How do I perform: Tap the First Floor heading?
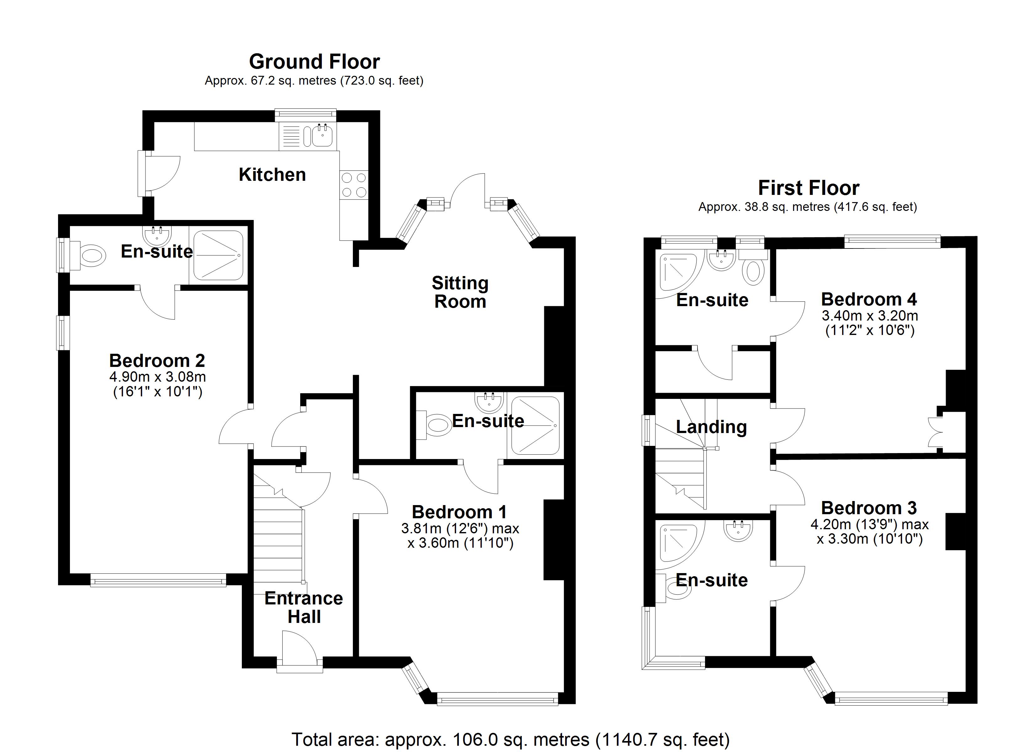point(808,188)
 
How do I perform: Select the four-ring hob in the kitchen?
point(354,185)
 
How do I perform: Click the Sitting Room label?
point(460,292)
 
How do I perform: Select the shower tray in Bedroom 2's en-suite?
point(218,255)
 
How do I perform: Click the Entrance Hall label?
point(304,608)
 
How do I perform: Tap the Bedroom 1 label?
point(459,512)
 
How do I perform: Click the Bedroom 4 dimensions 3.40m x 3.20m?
point(870,316)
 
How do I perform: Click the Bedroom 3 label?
point(869,508)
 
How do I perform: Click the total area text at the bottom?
point(511,739)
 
